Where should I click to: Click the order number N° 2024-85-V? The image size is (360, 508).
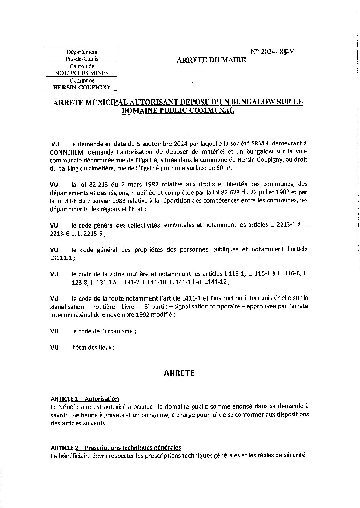click(272, 52)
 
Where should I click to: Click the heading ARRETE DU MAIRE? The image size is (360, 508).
click(211, 60)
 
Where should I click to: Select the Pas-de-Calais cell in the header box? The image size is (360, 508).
click(82, 59)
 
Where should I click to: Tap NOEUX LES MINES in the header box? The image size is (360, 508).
click(82, 73)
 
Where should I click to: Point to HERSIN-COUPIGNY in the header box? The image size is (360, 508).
click(82, 87)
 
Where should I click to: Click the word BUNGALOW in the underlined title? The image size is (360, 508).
click(243, 102)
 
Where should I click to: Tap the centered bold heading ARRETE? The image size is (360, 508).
click(179, 373)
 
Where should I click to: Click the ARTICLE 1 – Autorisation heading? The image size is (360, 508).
click(85, 399)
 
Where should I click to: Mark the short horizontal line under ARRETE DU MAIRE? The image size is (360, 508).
click(206, 72)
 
